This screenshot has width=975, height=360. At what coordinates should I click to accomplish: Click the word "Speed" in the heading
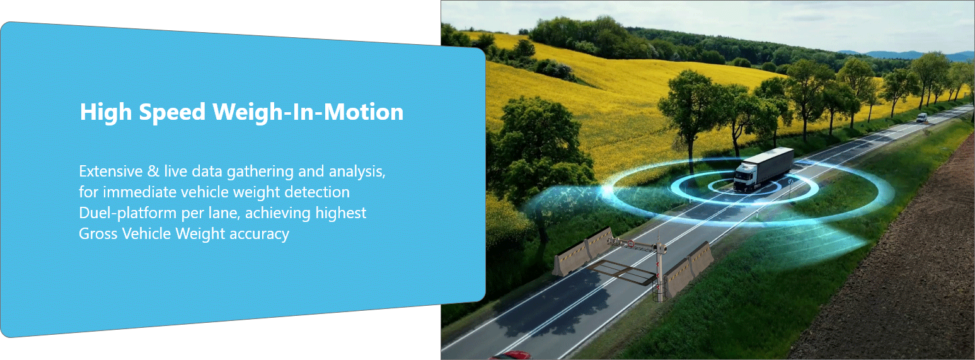coord(172,112)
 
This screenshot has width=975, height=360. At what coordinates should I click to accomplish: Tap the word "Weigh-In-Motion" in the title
coord(308,112)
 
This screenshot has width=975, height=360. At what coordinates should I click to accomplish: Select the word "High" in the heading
coord(106,112)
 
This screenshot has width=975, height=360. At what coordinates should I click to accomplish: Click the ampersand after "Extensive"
coord(153,171)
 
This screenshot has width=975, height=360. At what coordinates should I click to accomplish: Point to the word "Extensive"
coord(110,171)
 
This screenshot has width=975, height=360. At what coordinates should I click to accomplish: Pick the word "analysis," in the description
coord(357,171)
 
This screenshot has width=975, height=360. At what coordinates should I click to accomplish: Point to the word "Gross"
coord(98,234)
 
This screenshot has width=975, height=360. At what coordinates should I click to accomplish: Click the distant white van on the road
coord(921,117)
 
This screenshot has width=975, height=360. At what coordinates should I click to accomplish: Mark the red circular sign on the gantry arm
coord(630,244)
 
